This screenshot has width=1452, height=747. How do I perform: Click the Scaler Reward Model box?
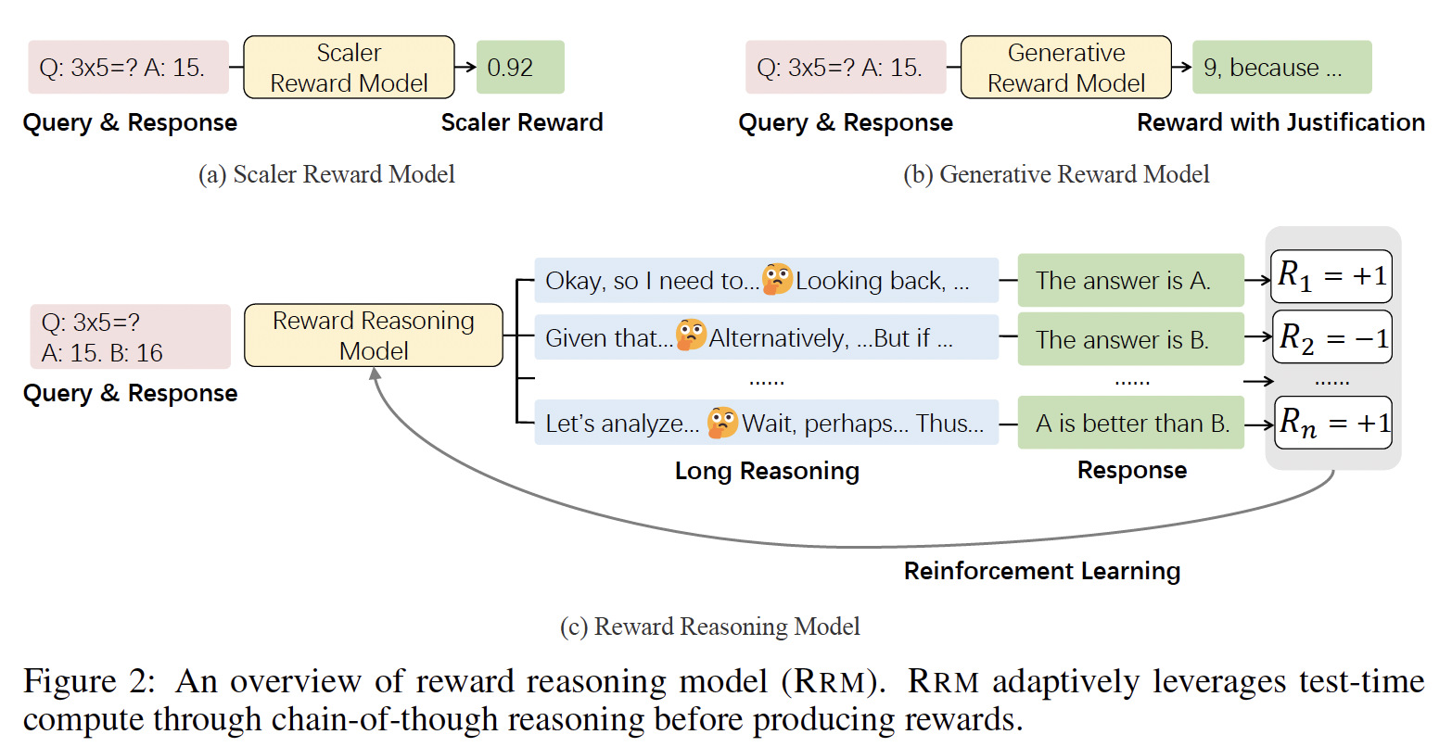point(349,68)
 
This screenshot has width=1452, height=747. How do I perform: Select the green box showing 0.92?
point(520,68)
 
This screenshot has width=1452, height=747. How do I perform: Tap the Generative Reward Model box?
point(1065,68)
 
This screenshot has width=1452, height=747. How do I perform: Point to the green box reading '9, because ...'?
point(1282,68)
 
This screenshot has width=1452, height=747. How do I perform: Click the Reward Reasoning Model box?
point(374,336)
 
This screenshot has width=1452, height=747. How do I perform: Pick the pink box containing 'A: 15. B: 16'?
point(131,337)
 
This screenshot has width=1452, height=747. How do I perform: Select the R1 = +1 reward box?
point(1331,276)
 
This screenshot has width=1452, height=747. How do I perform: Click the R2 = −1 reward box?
point(1332,337)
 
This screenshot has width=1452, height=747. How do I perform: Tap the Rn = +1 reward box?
point(1333,423)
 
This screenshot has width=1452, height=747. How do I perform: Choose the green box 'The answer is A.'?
point(1131,280)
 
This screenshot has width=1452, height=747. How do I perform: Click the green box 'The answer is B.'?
point(1131,339)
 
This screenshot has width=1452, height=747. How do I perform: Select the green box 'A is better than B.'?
point(1131,423)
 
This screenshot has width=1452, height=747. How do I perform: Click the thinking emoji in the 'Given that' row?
point(691,335)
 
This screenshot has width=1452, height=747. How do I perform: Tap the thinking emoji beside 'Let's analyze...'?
point(722,423)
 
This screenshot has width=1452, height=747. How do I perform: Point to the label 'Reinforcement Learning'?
point(1042,571)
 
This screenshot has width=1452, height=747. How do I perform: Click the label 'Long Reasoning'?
point(767,471)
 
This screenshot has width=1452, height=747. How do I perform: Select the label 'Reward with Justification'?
point(1280,122)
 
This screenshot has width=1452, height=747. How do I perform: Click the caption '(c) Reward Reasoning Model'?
point(710,627)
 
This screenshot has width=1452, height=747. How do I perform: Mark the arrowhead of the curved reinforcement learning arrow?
point(375,373)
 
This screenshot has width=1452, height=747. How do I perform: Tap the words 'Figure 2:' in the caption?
point(89,681)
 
